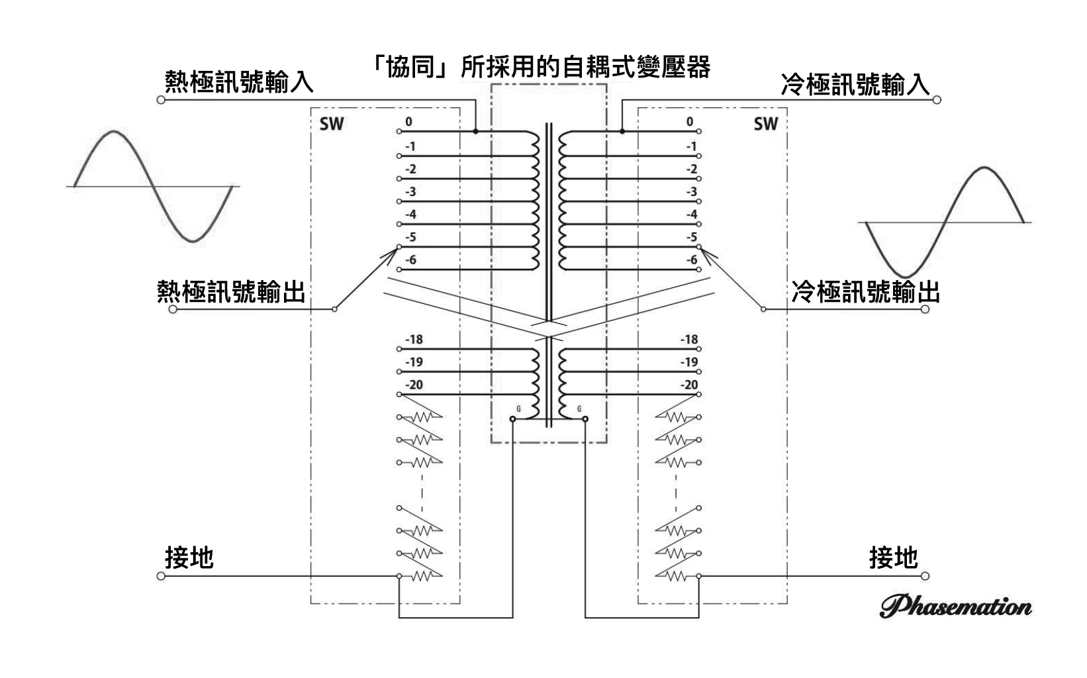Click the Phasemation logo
pos(955,606)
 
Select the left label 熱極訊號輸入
pos(238,83)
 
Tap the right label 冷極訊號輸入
pos(855,85)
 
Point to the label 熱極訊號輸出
pos(230,291)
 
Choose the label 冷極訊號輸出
pos(865,291)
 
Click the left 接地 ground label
pos(189,557)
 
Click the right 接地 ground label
pos(893,557)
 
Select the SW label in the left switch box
pos(332,124)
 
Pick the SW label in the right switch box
pos(765,124)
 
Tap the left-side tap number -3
pos(411,192)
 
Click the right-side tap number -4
pos(691,215)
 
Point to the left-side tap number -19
pos(414,362)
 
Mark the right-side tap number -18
pos(689,340)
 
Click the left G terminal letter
pos(518,409)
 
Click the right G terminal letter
pos(579,409)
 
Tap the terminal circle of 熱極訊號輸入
pos(160,100)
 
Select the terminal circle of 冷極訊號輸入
pos(937,100)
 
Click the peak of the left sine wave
pos(114,132)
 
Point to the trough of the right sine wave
pos(906,276)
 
